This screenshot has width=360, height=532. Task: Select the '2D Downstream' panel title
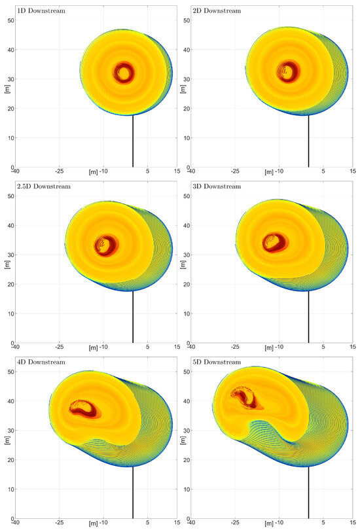click(216, 11)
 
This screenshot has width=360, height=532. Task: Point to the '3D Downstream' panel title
click(216, 187)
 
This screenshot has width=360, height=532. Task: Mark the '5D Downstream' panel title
click(216, 363)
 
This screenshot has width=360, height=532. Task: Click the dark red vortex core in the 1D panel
click(123, 71)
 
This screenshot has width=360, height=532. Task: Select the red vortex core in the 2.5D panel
click(106, 245)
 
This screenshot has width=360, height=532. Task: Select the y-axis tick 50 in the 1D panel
click(10, 20)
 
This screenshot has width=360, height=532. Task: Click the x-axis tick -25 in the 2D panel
click(235, 171)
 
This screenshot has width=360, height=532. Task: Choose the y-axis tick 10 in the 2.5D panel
click(10, 313)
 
